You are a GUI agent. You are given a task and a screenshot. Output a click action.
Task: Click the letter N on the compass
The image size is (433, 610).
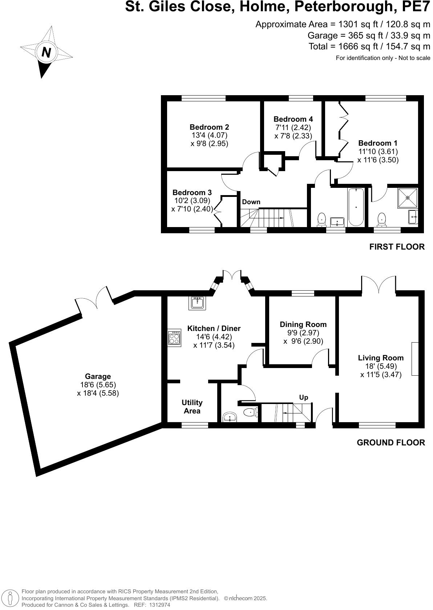pos(46,52)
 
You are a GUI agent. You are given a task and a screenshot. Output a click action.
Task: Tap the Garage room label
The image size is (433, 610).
pos(98,376)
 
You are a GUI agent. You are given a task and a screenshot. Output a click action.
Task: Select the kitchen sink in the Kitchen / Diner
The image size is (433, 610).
pos(197,303)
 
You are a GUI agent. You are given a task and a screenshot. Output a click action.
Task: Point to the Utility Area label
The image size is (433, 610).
pos(192,407)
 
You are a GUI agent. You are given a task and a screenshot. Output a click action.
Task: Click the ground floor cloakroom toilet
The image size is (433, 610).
pos(250,412)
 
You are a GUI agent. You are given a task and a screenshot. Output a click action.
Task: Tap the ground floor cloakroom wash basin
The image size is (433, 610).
pos(230,417)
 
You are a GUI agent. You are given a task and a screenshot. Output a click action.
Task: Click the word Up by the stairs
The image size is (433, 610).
pos(303,397)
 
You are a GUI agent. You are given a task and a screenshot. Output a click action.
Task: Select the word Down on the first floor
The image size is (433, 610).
pos(251,202)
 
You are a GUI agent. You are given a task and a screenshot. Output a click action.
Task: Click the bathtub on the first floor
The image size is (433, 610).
pos(356,206)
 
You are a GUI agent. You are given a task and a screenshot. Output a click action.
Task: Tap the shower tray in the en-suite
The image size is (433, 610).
pos(408,198)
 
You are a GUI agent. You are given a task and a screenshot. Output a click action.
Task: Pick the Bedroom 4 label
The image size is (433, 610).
pos(293,119)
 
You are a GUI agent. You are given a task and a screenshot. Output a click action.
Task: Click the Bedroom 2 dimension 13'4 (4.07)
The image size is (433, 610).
pos(209,135)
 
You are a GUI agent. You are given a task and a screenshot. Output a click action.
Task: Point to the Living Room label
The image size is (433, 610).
pos(381,358)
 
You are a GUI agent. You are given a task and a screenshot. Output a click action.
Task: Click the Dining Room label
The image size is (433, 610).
pos(303,324)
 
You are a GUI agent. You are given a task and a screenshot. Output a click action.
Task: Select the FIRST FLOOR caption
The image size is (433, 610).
pos(397,247)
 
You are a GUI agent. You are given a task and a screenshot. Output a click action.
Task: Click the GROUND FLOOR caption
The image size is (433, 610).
pos(390,443)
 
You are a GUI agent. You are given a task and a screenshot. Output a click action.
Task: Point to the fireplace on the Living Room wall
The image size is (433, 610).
pos(414,359)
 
